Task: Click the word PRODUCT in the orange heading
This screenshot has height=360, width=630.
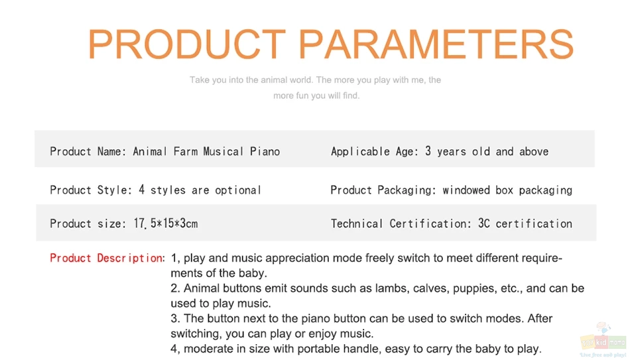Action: click(x=187, y=44)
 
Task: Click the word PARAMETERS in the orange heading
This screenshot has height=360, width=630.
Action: click(x=436, y=44)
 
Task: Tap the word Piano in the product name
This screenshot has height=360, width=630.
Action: click(x=265, y=151)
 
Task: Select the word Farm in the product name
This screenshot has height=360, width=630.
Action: click(x=186, y=151)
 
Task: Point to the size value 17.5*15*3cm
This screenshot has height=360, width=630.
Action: click(x=166, y=223)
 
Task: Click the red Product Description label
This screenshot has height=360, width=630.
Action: click(x=107, y=258)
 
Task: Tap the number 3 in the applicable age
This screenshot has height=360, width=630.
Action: click(x=428, y=151)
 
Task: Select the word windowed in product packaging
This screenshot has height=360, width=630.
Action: click(x=466, y=190)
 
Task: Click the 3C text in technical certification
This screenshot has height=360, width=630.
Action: click(x=483, y=223)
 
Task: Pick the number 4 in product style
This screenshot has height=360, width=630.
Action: click(x=141, y=190)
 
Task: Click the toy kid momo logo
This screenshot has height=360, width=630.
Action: click(x=603, y=340)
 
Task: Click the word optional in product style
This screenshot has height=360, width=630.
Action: click(x=238, y=190)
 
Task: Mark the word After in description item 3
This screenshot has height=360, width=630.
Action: click(x=540, y=319)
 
